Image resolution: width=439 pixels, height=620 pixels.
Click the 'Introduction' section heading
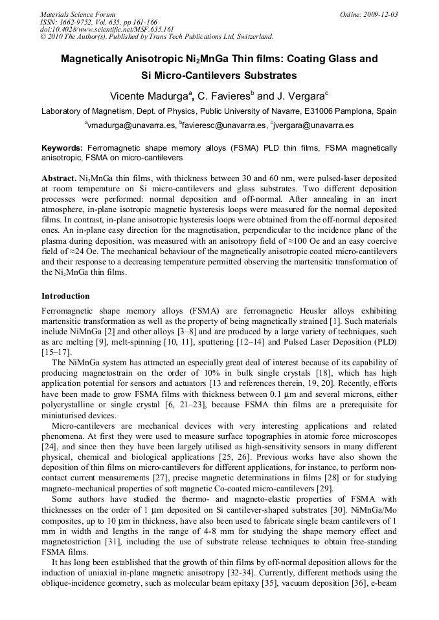[x=65, y=295]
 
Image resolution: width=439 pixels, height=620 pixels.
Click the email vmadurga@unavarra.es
[x=129, y=125]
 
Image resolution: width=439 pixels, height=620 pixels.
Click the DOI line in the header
[x=107, y=29]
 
